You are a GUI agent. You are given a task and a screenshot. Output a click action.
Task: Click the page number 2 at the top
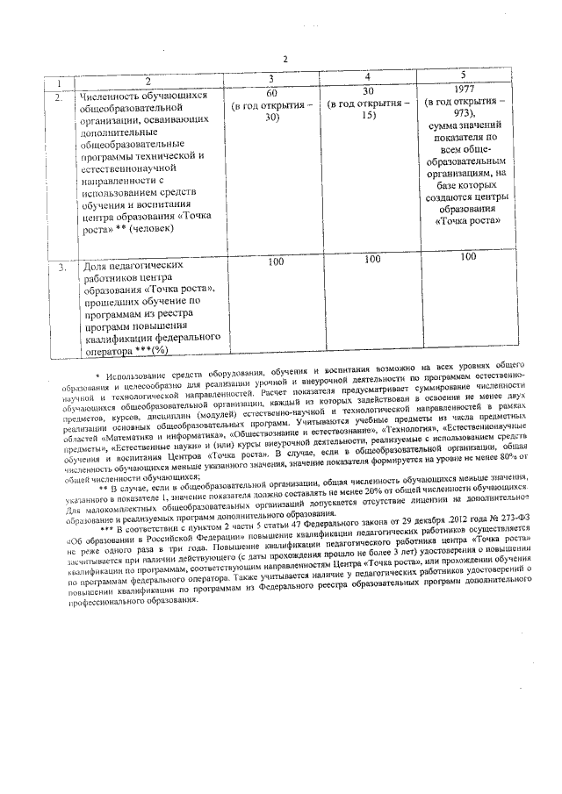[x=286, y=60]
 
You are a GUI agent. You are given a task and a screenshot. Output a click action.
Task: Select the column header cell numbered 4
[x=367, y=78]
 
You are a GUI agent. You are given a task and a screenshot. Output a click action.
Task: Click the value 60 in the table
[x=271, y=92]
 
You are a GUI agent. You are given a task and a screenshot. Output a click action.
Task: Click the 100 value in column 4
[x=372, y=260]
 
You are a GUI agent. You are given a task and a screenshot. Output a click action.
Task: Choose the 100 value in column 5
[x=468, y=256]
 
